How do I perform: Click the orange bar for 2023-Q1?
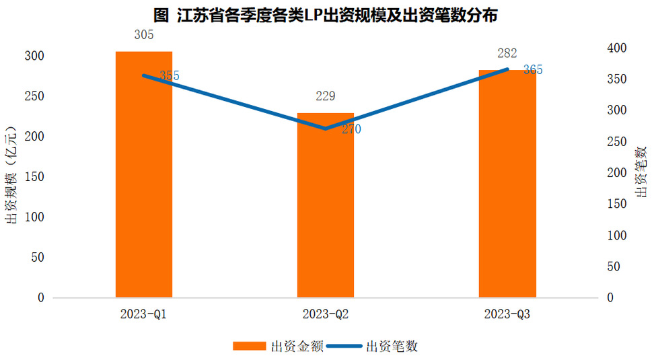144,174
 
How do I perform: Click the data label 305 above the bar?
144,35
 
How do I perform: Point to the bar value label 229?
326,96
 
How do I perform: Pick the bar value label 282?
507,54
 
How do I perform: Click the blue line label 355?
169,76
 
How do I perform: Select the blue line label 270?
351,130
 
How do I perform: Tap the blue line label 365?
532,70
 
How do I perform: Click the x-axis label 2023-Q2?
326,314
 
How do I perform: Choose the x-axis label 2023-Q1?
144,314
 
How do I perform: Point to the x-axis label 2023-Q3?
507,314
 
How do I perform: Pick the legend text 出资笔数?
392,346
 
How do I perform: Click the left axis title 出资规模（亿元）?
11,176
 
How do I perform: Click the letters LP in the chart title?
314,15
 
